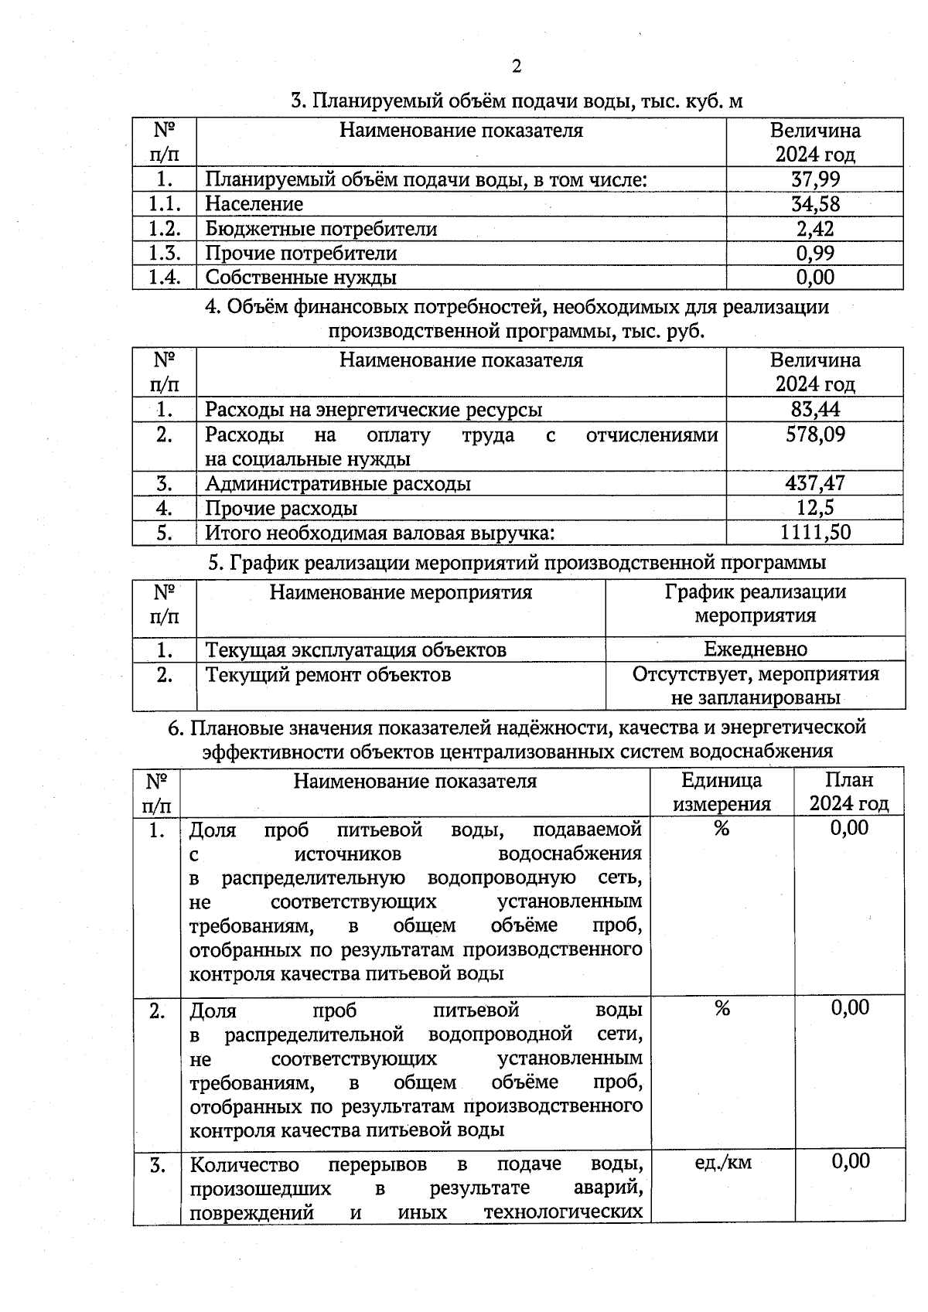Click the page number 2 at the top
click(517, 66)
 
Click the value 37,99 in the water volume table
click(815, 179)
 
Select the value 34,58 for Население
click(815, 204)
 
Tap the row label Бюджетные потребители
click(321, 229)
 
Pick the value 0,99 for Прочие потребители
click(815, 253)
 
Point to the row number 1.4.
click(164, 277)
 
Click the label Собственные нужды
click(301, 277)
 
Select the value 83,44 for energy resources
click(815, 409)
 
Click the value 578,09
click(815, 434)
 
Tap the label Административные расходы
click(338, 484)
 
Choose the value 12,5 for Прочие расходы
click(815, 508)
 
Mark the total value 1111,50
click(815, 533)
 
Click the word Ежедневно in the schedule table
click(755, 649)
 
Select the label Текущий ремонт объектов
click(328, 675)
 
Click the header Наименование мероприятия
click(401, 593)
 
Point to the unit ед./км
click(722, 1162)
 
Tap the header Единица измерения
click(722, 792)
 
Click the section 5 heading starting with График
click(517, 562)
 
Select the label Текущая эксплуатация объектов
click(356, 649)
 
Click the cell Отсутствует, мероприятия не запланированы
click(755, 686)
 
